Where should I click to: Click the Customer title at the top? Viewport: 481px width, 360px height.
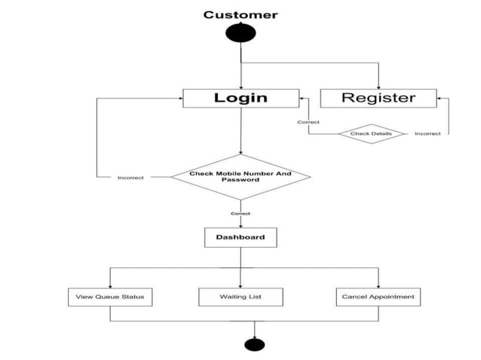coord(240,14)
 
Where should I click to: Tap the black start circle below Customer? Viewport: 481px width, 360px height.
coord(240,34)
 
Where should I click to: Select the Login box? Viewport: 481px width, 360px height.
coord(240,98)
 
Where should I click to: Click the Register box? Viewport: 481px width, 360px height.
coord(378,98)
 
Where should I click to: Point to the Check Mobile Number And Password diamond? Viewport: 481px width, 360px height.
coord(240,177)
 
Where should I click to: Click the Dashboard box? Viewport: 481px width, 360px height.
coord(240,237)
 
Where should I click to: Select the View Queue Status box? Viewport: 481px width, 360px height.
coord(110,297)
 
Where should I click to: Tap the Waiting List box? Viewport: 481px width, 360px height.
coord(240,297)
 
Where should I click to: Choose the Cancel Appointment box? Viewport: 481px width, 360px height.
coord(378,297)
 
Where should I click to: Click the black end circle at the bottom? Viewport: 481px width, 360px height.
coord(255,345)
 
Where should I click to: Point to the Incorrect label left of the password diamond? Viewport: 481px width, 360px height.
coord(130,178)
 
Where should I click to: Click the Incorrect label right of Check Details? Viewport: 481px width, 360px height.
coord(427,134)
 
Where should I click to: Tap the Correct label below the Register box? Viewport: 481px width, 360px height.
coord(308,122)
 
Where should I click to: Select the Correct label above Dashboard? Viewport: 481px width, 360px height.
coord(240,214)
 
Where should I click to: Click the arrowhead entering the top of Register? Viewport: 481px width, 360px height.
coord(378,86)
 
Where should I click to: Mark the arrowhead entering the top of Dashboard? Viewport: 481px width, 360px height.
coord(240,225)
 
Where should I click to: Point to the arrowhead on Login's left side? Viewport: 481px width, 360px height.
coord(180,98)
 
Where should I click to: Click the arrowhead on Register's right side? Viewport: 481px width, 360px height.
coord(442,98)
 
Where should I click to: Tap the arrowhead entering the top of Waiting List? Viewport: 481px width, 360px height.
coord(240,285)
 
